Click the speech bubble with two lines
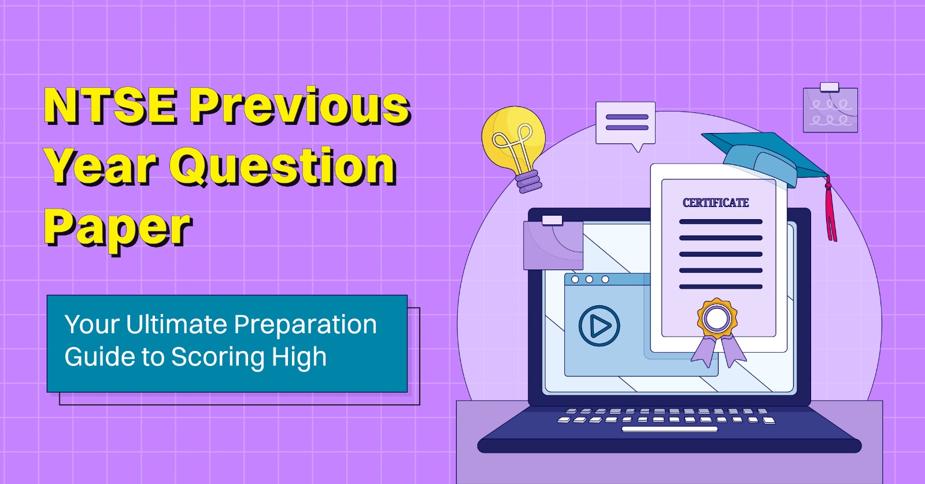[x=626, y=123]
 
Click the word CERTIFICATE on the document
[x=716, y=203]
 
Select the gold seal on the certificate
[x=717, y=318]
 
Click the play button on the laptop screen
[x=599, y=326]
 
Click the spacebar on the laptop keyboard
[x=669, y=430]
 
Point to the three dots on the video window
[x=589, y=279]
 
